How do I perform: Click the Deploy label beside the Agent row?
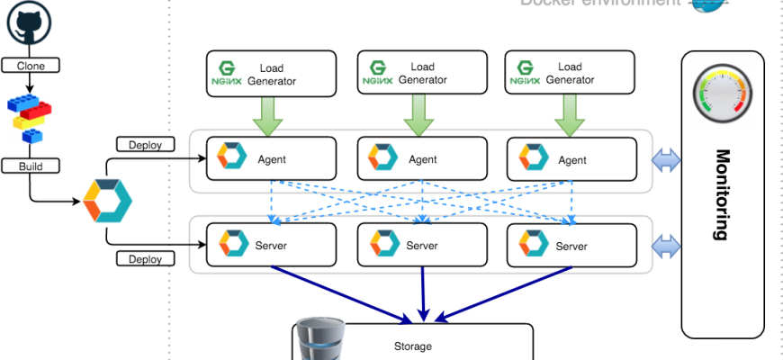[x=146, y=144]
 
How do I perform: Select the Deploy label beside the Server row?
[x=146, y=259]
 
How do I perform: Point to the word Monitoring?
[x=721, y=194]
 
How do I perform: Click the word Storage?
[x=413, y=346]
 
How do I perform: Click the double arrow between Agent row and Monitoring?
[x=667, y=160]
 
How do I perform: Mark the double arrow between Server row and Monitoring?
[x=667, y=246]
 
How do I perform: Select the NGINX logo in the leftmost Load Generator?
[x=227, y=74]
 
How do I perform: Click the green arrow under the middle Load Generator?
[x=414, y=115]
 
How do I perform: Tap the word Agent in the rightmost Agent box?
[x=571, y=160]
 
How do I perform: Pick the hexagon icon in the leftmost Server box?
[x=232, y=244]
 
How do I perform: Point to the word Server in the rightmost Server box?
[x=571, y=246]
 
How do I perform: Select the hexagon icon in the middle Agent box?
[x=382, y=159]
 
